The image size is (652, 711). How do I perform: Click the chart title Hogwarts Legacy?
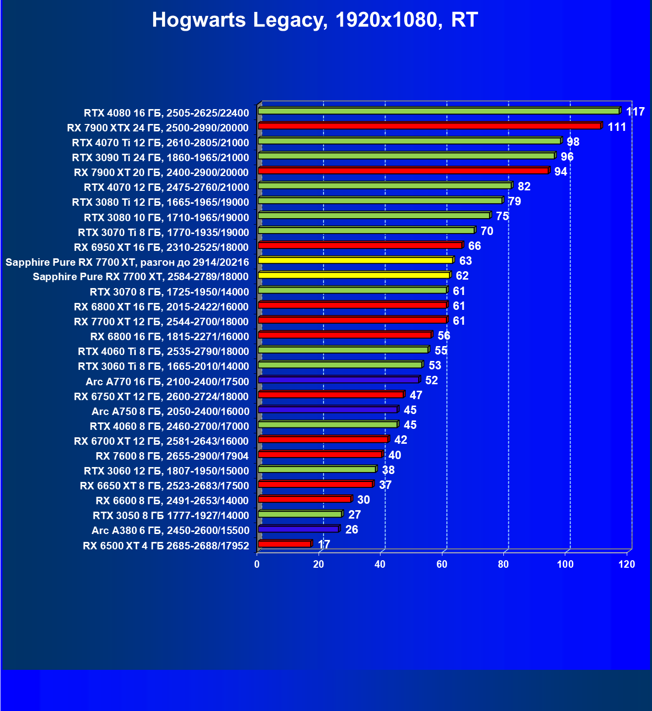(315, 20)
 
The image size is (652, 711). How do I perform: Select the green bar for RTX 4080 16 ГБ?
(438, 111)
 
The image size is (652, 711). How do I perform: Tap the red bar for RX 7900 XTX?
(429, 126)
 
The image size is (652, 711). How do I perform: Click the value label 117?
(635, 112)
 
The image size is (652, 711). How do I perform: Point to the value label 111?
(617, 127)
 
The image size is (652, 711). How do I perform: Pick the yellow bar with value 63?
(355, 260)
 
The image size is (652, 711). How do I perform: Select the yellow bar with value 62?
(354, 275)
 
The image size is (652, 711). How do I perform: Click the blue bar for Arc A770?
(338, 380)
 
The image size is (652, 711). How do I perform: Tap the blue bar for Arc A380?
(298, 529)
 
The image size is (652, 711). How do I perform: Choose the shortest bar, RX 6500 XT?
(284, 544)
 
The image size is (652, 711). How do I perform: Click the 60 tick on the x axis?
(441, 564)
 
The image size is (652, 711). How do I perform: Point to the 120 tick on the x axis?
(627, 564)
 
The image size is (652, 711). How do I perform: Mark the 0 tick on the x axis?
(257, 564)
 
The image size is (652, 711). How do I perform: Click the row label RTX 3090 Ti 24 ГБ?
(160, 158)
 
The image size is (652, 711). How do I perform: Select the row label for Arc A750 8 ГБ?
(170, 412)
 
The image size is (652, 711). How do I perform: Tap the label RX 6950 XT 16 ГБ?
(161, 247)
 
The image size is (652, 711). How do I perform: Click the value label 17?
(324, 544)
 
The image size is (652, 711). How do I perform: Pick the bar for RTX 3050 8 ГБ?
(300, 514)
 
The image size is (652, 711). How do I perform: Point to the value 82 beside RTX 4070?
(524, 186)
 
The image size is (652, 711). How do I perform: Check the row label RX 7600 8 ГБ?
(172, 456)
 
